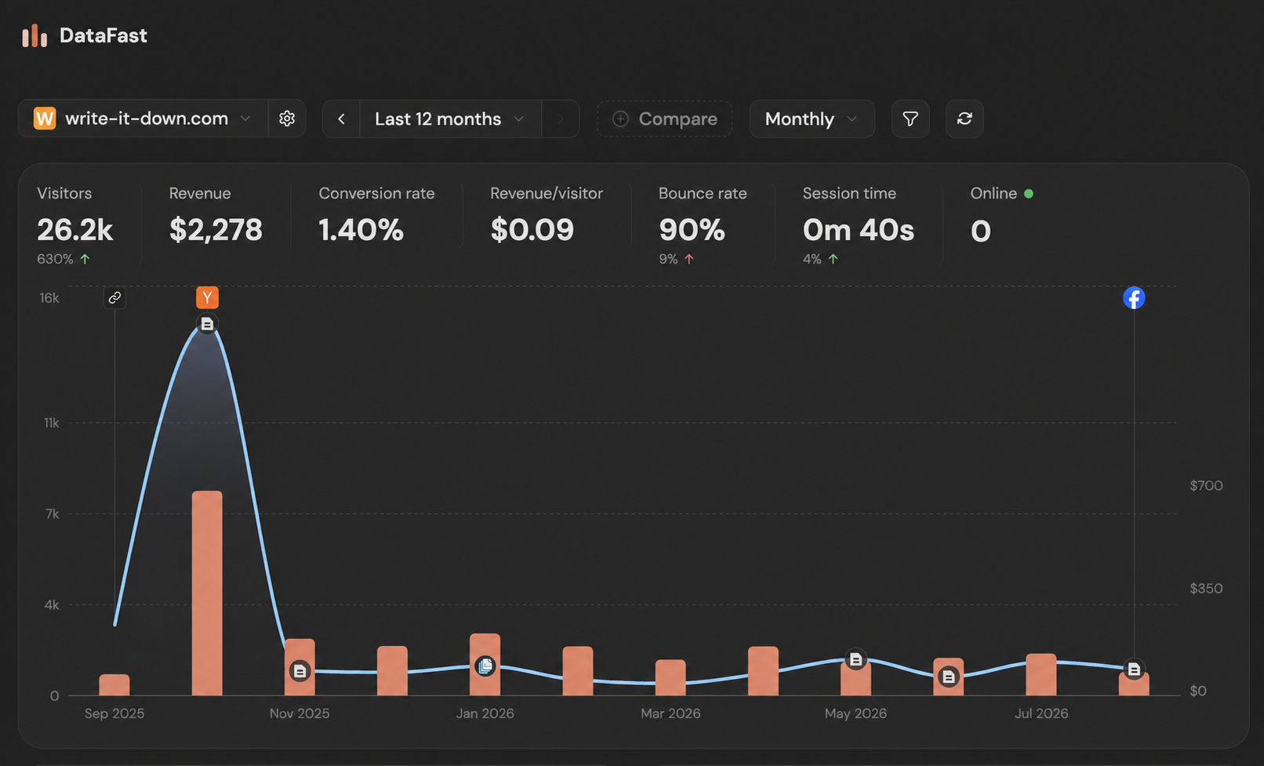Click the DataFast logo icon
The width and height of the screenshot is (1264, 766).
tap(35, 35)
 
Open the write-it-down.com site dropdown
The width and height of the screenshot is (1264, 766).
tap(143, 119)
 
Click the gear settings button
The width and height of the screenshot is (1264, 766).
tap(287, 119)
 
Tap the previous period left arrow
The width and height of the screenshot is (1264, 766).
tap(341, 119)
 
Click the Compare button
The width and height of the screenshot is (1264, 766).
tap(665, 119)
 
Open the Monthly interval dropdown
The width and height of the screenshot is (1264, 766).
tap(812, 119)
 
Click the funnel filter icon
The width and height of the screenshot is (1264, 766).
tap(910, 119)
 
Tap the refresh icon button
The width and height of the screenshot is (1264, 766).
tap(964, 119)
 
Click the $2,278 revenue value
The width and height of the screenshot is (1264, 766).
tap(216, 229)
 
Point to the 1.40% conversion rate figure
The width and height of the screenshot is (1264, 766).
tap(361, 229)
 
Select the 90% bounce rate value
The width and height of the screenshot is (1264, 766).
tap(692, 229)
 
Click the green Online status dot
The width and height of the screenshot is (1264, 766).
tap(1029, 194)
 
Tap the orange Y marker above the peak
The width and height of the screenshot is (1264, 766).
tap(207, 297)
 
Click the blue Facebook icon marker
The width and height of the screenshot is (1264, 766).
tap(1134, 297)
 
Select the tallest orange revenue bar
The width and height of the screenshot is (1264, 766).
tap(207, 593)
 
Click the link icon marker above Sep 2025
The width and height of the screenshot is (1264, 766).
tap(114, 297)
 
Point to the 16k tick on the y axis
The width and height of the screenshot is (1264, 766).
tap(49, 297)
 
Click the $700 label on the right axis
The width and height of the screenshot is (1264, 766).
tap(1206, 485)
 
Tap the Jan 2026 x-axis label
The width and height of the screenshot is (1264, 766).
tap(485, 713)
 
